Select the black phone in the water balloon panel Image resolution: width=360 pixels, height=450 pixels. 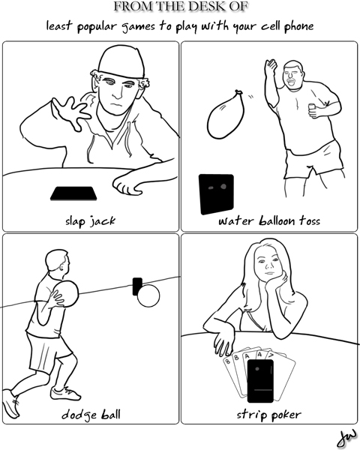pyautogui.click(x=215, y=194)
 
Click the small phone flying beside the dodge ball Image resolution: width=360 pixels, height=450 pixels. pyautogui.click(x=137, y=285)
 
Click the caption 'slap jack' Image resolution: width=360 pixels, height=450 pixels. pyautogui.click(x=89, y=221)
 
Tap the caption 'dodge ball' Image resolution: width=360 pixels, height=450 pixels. pyautogui.click(x=90, y=415)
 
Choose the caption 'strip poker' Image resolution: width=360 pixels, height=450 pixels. pyautogui.click(x=268, y=415)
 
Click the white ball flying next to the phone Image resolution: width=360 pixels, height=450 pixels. pyautogui.click(x=148, y=296)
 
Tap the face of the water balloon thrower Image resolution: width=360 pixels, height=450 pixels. pyautogui.click(x=293, y=75)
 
